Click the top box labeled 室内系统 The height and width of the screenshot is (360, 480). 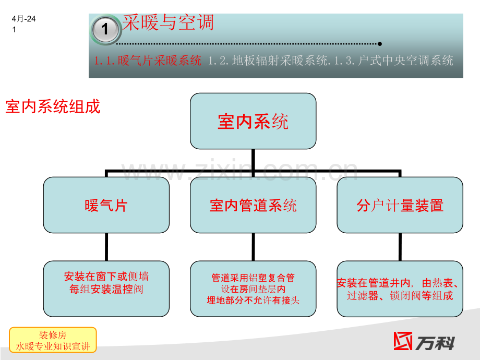[x=253, y=121]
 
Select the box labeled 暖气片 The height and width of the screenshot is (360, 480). [x=106, y=205]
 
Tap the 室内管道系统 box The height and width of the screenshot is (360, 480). [x=253, y=205]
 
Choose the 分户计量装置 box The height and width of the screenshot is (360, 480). [x=400, y=205]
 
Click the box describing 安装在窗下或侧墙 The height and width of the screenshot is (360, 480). [x=106, y=289]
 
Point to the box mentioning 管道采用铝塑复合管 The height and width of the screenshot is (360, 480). [x=253, y=289]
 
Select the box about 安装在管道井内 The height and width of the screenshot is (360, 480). [x=400, y=289]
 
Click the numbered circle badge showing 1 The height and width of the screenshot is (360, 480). [x=105, y=30]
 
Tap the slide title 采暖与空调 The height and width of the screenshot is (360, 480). [x=168, y=22]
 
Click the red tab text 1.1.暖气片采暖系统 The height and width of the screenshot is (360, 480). [x=148, y=61]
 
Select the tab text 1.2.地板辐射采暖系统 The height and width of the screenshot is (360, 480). [x=268, y=61]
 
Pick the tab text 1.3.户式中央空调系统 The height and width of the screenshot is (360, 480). [x=394, y=61]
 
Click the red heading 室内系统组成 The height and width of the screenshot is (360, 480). [x=53, y=106]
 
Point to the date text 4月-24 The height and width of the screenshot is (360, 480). [x=23, y=19]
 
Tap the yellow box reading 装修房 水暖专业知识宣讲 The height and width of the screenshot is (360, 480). [x=53, y=340]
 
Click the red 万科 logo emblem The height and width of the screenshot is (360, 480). [x=403, y=341]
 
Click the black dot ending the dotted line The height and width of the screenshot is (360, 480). [x=380, y=44]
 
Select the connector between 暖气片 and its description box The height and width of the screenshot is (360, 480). [x=106, y=247]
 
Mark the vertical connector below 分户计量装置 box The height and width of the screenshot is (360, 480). [x=400, y=247]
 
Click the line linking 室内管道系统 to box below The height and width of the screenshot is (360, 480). [x=253, y=247]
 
